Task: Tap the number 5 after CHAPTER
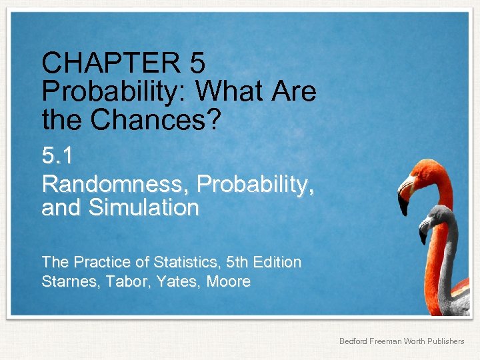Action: click(x=197, y=64)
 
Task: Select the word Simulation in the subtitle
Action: click(x=143, y=208)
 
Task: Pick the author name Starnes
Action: click(x=67, y=282)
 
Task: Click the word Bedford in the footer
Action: click(x=354, y=341)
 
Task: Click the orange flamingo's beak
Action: click(x=404, y=200)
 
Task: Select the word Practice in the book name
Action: click(x=99, y=262)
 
